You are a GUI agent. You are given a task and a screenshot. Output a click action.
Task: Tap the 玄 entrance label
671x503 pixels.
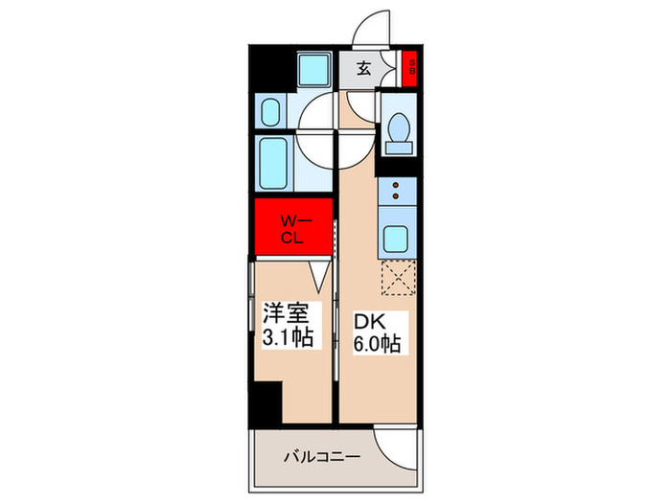(x=364, y=68)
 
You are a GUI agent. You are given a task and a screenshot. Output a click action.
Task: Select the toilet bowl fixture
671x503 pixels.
(x=398, y=129)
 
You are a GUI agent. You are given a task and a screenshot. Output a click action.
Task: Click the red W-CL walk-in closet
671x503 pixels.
(x=292, y=229)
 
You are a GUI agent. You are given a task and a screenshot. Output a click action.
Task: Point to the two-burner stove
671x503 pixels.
(x=396, y=191)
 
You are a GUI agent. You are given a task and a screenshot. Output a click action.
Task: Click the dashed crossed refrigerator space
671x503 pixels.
(x=396, y=279)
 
